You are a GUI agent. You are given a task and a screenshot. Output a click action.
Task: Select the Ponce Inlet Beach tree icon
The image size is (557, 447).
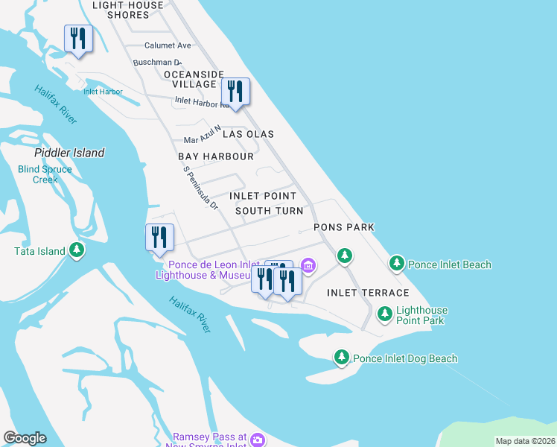pyautogui.click(x=397, y=264)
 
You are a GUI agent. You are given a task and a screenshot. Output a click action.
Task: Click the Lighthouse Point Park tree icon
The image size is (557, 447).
pyautogui.click(x=385, y=314)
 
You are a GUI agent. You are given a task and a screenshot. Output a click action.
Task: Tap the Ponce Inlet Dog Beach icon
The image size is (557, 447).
pyautogui.click(x=342, y=358)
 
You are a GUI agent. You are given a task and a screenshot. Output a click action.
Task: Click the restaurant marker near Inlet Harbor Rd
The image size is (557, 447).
pyautogui.click(x=235, y=92)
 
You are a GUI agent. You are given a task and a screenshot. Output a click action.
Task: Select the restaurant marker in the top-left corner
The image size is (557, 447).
pyautogui.click(x=78, y=39)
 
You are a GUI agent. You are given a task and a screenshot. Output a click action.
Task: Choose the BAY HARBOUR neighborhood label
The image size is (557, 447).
pyautogui.click(x=216, y=157)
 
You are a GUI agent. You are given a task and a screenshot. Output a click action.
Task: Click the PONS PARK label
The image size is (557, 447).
pyautogui.click(x=343, y=226)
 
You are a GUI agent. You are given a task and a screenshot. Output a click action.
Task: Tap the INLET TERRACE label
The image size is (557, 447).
pyautogui.click(x=368, y=293)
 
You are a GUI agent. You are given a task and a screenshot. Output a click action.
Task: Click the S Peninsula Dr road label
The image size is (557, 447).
pyautogui.click(x=200, y=188)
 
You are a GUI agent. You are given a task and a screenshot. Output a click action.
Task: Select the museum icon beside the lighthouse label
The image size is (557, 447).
pyautogui.click(x=308, y=264)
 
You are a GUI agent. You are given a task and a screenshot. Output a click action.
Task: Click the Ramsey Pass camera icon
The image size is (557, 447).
pyautogui.click(x=257, y=440)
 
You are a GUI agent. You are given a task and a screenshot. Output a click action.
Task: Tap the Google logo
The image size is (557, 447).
pyautogui.click(x=25, y=438)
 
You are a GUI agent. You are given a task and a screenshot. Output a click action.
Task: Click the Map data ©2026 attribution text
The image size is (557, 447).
pyautogui.click(x=524, y=441)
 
